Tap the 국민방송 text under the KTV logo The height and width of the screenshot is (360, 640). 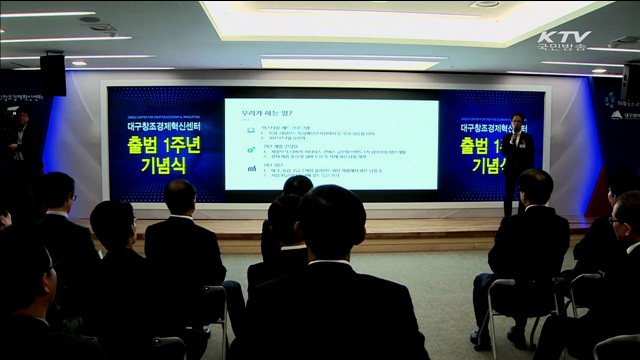[x=563, y=49]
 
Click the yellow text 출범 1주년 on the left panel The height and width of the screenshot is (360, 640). [x=160, y=146]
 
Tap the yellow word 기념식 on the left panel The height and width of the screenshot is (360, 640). [x=160, y=166]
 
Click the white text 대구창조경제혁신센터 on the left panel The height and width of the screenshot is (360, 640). [x=160, y=128]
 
